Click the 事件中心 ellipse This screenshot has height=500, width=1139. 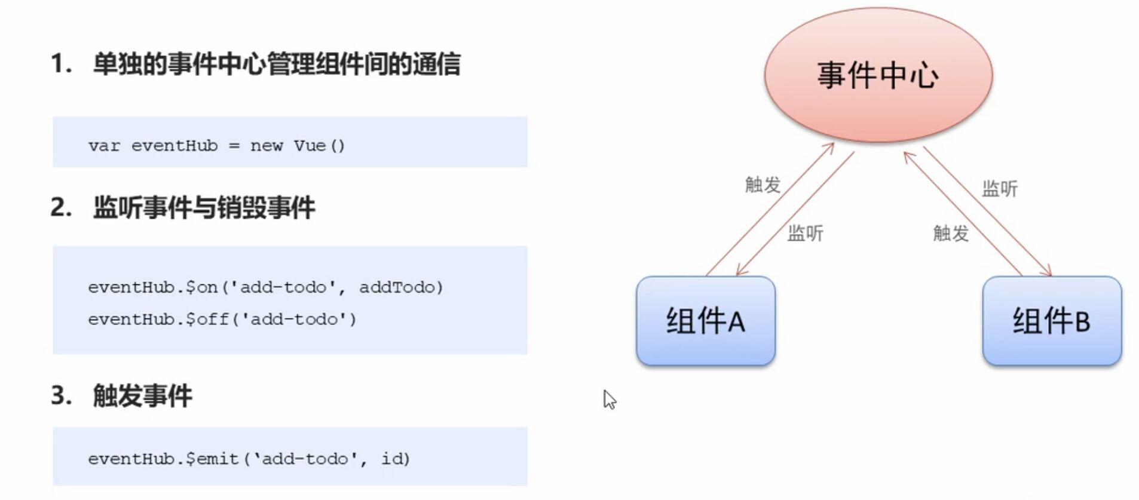tap(878, 75)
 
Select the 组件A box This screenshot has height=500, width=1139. tap(705, 321)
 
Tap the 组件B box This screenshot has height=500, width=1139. tap(1051, 321)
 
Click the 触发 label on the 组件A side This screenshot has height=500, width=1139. tap(763, 185)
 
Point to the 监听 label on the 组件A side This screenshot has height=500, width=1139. tap(805, 233)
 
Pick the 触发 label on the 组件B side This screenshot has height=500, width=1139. tap(950, 233)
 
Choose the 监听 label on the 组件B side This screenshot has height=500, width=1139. tap(999, 189)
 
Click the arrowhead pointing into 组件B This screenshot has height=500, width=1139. tap(1048, 272)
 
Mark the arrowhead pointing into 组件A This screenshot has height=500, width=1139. tap(740, 271)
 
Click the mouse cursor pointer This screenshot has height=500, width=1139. tap(608, 399)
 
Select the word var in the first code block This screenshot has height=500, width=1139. tap(104, 146)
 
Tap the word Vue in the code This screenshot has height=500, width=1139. tap(309, 146)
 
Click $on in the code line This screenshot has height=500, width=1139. tap(201, 287)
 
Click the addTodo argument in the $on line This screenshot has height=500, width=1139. tap(396, 287)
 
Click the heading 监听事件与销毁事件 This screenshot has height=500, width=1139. tap(204, 208)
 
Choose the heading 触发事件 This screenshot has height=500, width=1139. tap(142, 395)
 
